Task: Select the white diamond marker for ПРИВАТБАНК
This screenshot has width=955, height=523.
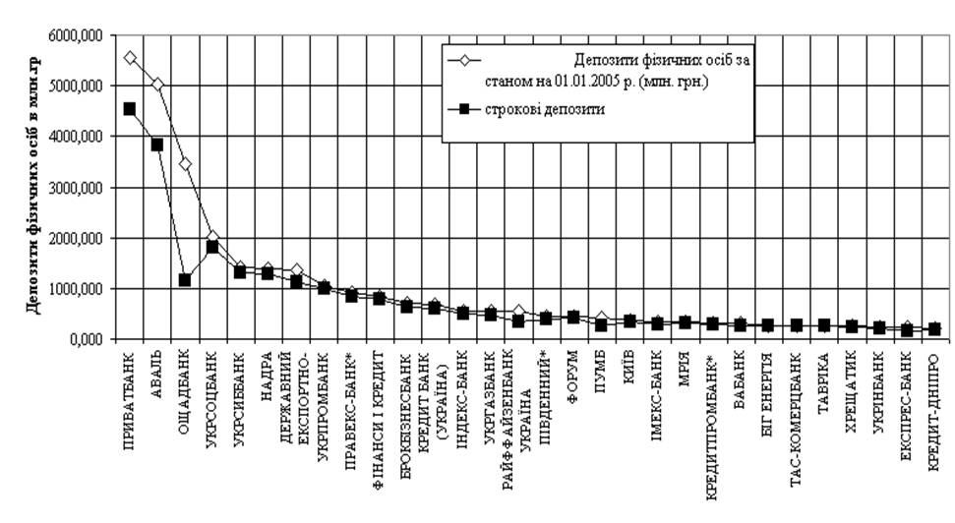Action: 129,58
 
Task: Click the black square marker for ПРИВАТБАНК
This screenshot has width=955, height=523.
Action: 129,109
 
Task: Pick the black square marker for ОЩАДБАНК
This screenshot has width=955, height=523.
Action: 184,280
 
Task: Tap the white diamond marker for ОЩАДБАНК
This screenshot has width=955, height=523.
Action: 184,163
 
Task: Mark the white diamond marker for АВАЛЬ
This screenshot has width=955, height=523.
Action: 156,85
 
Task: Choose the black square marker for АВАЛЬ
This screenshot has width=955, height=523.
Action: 156,145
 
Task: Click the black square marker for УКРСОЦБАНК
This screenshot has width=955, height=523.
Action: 211,247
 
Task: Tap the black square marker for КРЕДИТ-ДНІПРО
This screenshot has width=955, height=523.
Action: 933,329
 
